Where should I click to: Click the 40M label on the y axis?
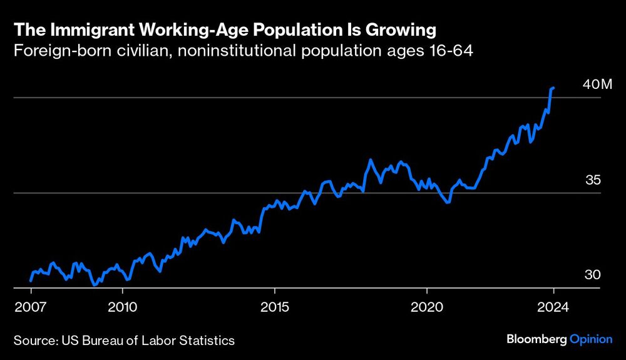[597, 85]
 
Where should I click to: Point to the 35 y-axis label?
[593, 180]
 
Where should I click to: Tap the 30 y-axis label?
[593, 275]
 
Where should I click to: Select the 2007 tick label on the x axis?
[31, 307]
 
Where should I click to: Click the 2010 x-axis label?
[123, 307]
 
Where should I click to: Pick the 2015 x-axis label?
[274, 307]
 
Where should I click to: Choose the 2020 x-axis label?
[426, 307]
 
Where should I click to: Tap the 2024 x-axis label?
[553, 307]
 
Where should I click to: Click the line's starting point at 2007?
[31, 280]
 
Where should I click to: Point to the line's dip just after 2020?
[447, 202]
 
